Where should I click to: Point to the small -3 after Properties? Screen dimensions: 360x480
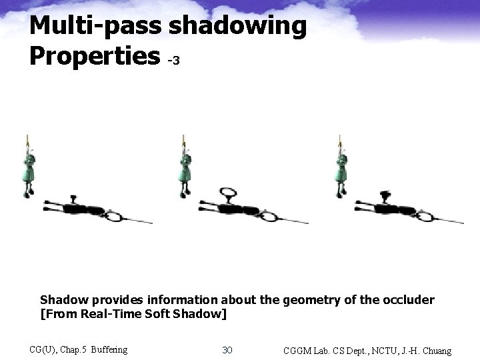tap(173, 61)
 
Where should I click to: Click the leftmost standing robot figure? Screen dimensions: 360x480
tap(29, 170)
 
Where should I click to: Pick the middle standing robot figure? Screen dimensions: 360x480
tap(184, 170)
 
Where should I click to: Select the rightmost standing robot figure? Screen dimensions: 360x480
tap(341, 170)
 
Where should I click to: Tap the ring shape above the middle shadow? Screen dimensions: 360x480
tap(228, 194)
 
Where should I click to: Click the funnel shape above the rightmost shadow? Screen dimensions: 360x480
tap(385, 195)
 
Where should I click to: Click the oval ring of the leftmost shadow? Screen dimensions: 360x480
tap(115, 216)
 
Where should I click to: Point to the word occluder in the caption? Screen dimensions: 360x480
tap(408, 300)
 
